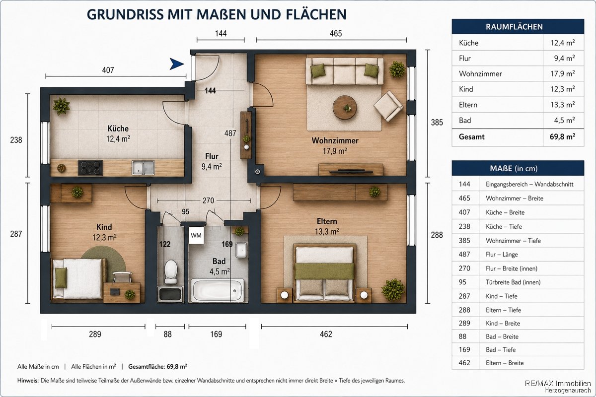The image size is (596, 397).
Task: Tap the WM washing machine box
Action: click(x=196, y=235)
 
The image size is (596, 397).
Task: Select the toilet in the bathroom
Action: click(x=170, y=271)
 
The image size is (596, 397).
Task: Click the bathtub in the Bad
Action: click(x=218, y=290)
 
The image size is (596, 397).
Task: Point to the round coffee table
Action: click(x=345, y=107)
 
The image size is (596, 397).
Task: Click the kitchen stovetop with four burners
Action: click(x=90, y=168)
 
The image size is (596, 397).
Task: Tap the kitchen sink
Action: click(x=143, y=168)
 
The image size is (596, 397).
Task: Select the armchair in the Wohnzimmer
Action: click(x=388, y=106)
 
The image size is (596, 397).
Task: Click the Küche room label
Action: click(x=118, y=129)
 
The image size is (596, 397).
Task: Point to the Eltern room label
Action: click(x=327, y=221)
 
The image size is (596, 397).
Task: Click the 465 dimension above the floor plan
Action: click(x=336, y=34)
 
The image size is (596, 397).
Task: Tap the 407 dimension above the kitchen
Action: click(x=108, y=70)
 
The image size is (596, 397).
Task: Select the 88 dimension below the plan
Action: click(x=168, y=334)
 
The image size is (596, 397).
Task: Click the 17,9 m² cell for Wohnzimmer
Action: click(x=562, y=73)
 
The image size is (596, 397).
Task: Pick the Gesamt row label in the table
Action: click(x=471, y=137)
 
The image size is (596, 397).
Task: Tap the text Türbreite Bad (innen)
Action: click(x=513, y=282)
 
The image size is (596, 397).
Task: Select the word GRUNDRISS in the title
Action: click(x=125, y=14)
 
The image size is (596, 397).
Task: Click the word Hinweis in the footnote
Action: click(x=28, y=381)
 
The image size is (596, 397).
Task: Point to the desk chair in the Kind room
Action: click(x=122, y=277)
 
